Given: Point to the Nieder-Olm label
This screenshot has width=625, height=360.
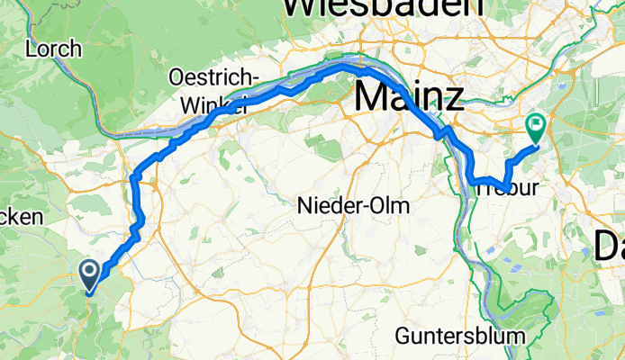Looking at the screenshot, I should tap(353, 206).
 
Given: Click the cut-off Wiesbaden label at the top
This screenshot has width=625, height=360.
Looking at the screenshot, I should tap(390, 7).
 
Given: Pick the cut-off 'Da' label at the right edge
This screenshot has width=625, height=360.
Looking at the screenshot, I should tap(610, 243).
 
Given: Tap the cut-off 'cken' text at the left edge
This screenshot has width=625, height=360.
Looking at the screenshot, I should tap(20, 217).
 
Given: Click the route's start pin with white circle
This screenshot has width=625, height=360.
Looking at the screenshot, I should tap(90, 271).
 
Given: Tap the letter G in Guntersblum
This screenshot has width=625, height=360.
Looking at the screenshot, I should tap(403, 336).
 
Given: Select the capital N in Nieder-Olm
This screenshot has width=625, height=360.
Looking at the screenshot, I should tap(304, 206).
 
